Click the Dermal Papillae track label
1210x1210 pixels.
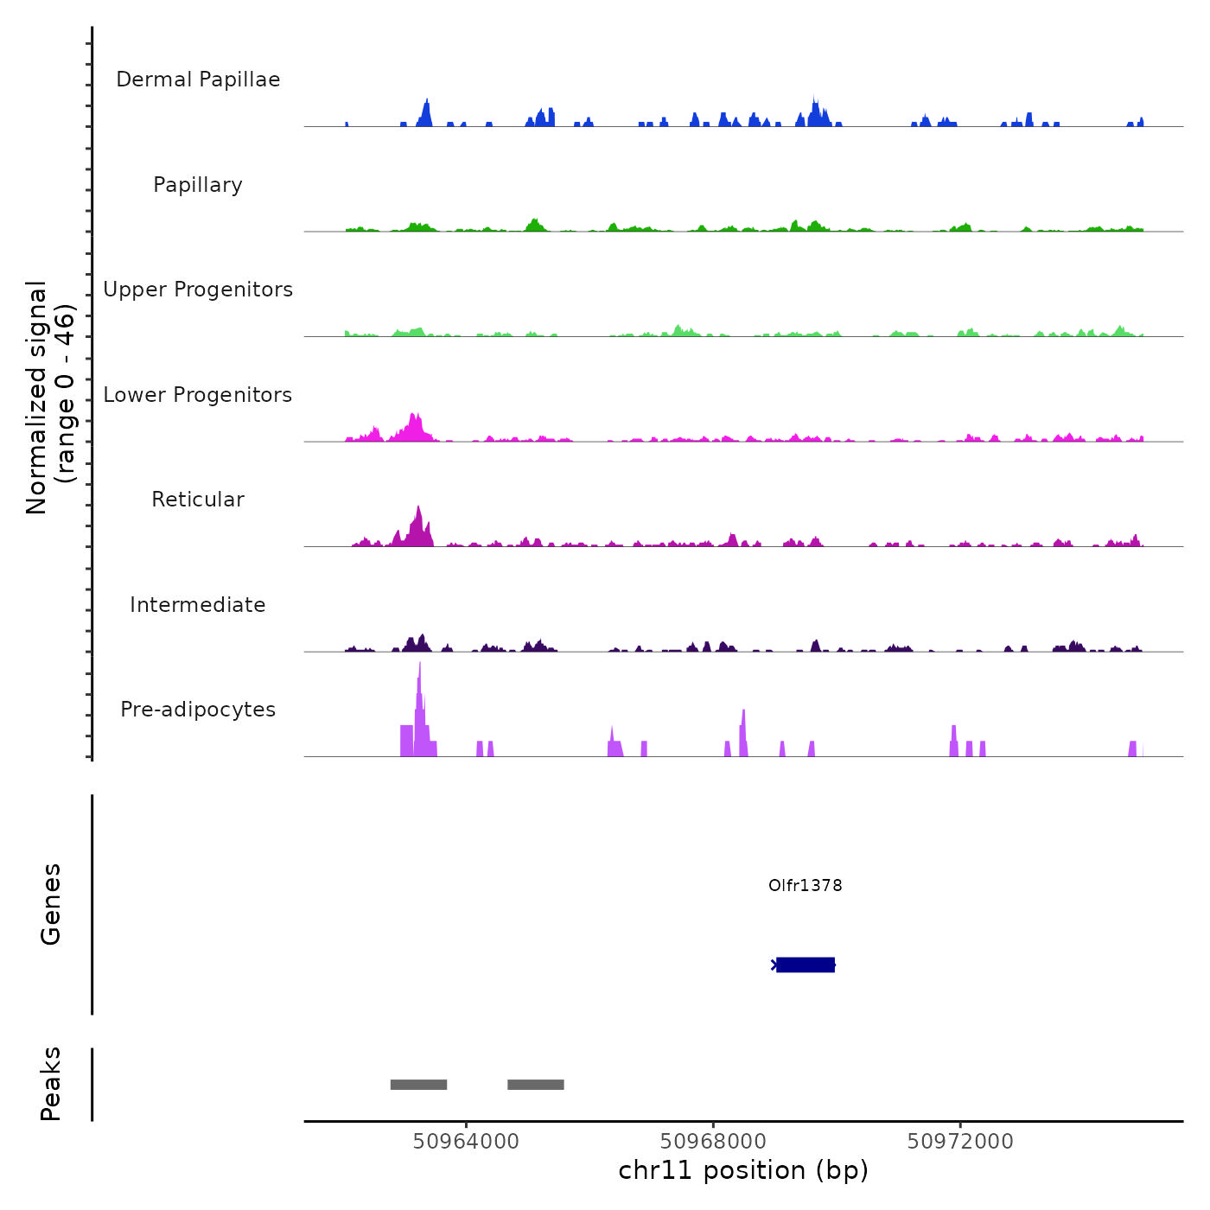click(x=198, y=80)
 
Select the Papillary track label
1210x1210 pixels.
click(x=198, y=185)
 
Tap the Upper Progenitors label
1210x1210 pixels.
click(x=198, y=290)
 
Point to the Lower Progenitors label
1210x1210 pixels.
click(x=198, y=395)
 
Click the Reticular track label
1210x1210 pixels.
click(x=198, y=500)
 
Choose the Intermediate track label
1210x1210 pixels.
click(x=198, y=605)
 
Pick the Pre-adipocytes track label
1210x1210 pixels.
click(x=198, y=710)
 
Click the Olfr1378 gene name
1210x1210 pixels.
click(x=805, y=885)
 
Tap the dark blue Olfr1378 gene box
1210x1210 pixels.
click(x=806, y=965)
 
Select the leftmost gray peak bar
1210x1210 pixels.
click(x=418, y=1085)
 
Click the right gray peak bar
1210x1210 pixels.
click(x=536, y=1085)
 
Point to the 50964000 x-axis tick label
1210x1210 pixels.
click(x=466, y=1141)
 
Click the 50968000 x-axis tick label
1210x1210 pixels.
click(x=713, y=1141)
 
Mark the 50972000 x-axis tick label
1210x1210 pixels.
click(x=960, y=1141)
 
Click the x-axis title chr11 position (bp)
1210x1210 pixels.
click(x=743, y=1170)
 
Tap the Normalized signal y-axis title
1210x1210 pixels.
click(x=50, y=398)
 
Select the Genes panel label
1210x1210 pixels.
click(x=51, y=904)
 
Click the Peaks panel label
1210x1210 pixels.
click(x=51, y=1084)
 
